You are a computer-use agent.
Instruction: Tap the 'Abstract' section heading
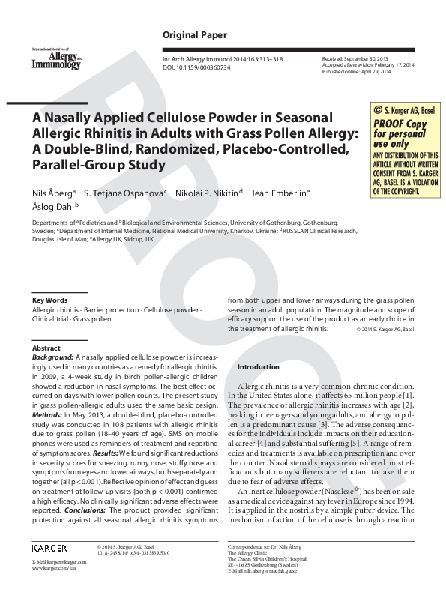pyautogui.click(x=46, y=348)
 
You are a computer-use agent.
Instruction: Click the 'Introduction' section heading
pyautogui.click(x=259, y=367)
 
